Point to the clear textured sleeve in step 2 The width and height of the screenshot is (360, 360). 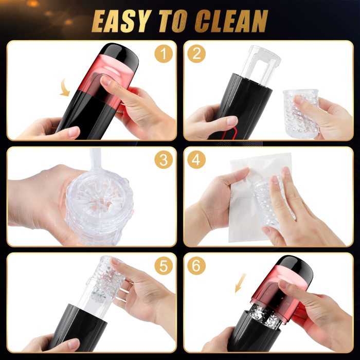point(301,113)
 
